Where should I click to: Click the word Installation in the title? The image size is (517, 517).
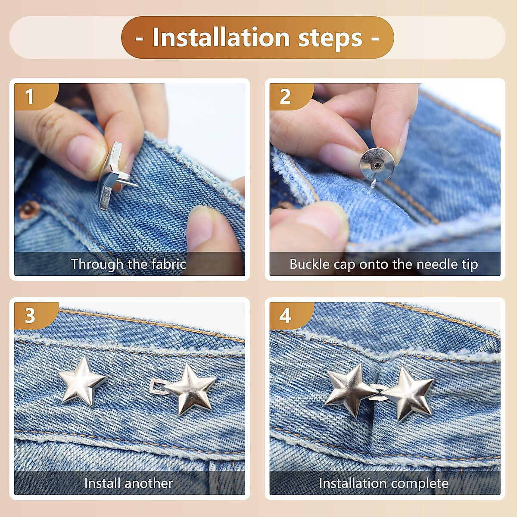click(x=221, y=37)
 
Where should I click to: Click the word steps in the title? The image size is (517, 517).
click(x=330, y=37)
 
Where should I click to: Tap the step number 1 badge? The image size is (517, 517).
click(x=29, y=96)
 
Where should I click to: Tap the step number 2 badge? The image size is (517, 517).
click(x=285, y=96)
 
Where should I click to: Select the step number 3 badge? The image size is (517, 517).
click(x=29, y=315)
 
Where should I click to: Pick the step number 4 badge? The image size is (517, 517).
click(x=285, y=315)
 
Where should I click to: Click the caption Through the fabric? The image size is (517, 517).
click(x=128, y=264)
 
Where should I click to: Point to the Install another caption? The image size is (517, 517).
click(x=128, y=483)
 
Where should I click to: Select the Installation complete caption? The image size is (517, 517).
click(x=383, y=483)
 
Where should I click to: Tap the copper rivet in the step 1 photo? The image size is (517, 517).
click(x=29, y=210)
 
